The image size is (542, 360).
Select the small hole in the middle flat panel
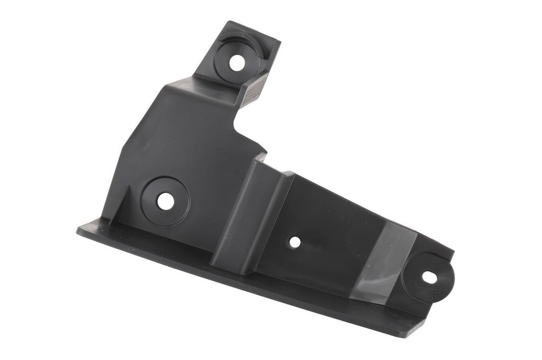point(295,242)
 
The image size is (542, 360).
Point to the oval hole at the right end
point(429,277)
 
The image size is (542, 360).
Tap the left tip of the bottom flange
point(79,230)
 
